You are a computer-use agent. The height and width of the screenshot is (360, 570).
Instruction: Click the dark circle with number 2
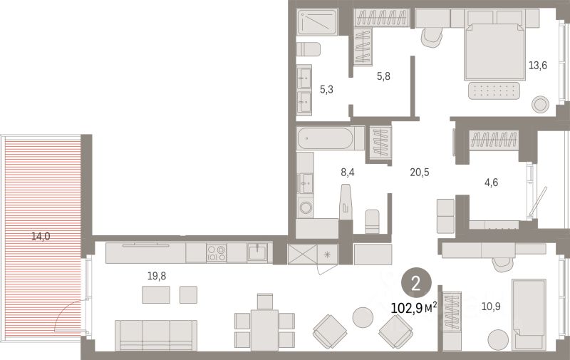tap(416, 284)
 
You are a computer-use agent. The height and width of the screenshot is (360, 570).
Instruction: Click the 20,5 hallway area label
tap(420, 172)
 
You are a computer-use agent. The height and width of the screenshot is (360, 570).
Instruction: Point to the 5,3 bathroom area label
tap(326, 89)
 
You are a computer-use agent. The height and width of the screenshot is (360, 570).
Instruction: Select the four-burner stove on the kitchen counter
tap(217, 252)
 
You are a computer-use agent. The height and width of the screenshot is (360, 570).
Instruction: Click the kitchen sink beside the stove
tap(257, 252)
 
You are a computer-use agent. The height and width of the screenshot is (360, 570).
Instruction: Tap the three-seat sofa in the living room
tap(156, 334)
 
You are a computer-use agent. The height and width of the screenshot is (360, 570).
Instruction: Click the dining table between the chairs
tap(265, 329)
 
